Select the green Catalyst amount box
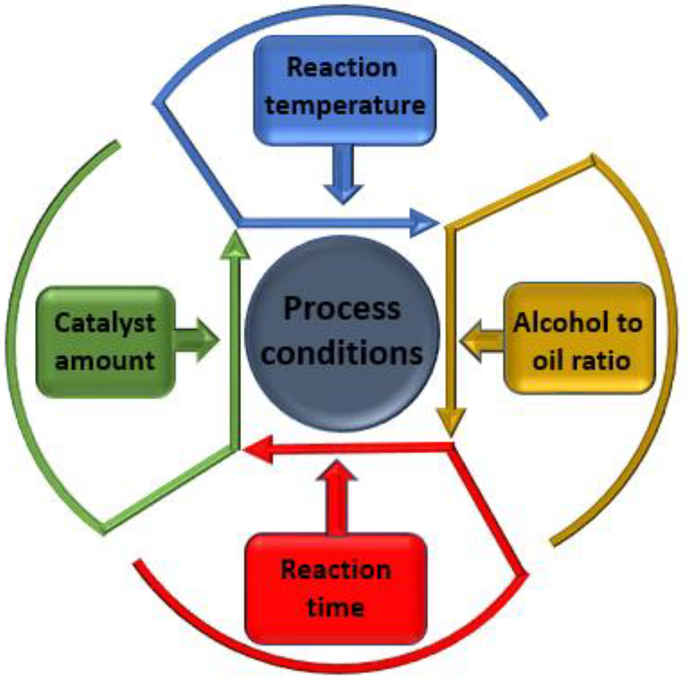pyautogui.click(x=105, y=342)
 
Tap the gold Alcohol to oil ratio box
pyautogui.click(x=579, y=338)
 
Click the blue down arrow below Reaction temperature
pyautogui.click(x=343, y=175)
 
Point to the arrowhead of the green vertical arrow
pyautogui.click(x=235, y=246)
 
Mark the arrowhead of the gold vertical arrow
pyautogui.click(x=451, y=421)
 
